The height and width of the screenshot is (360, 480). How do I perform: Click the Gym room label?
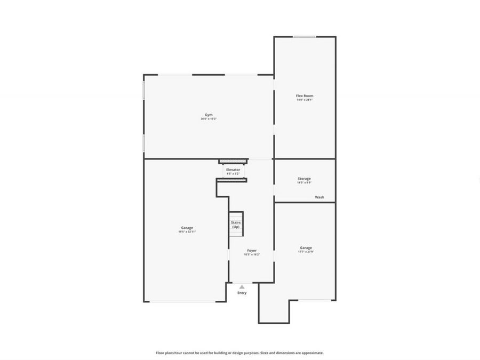coord(208,115)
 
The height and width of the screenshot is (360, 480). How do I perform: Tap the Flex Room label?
coord(304,96)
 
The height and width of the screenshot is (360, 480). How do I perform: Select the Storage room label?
coord(304,179)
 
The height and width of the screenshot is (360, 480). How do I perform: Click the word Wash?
coord(319,197)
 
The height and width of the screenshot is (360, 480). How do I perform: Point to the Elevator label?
coord(233,170)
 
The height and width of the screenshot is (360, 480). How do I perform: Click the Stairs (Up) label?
coord(236,225)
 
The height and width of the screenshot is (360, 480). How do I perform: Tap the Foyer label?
coord(252,250)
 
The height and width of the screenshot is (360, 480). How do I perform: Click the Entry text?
coord(242,293)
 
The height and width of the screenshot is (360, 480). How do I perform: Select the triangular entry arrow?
coord(242,287)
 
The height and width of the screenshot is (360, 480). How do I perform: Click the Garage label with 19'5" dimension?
coord(187,228)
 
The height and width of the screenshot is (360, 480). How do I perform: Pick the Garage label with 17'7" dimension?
coord(306,247)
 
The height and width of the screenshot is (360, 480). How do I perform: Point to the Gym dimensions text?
coord(208,119)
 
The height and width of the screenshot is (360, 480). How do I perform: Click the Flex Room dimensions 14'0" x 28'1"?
coord(304,100)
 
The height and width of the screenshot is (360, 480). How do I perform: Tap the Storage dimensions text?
coord(304,182)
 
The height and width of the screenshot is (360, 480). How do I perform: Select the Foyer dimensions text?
coord(252,254)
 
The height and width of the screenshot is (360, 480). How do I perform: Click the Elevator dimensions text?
coord(233,173)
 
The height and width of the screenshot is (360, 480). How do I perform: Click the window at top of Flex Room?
coord(304,37)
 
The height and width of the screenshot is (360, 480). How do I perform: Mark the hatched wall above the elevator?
coord(234,161)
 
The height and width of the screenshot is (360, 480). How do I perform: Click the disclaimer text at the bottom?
coord(239,353)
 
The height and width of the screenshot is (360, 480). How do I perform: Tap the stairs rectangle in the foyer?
coord(236,225)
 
